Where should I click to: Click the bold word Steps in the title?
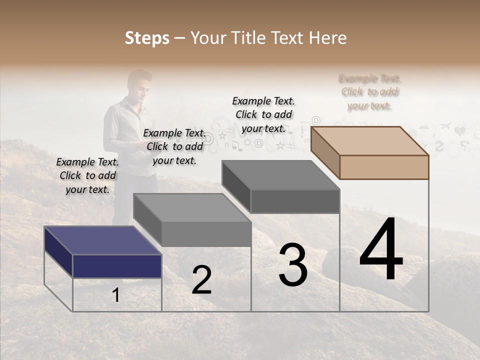tap(147, 38)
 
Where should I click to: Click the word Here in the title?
tap(327, 38)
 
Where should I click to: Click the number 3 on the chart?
tap(293, 265)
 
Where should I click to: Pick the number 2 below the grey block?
tap(201, 280)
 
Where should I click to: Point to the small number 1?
tap(116, 295)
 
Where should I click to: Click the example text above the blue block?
tap(87, 175)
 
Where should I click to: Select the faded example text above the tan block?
tap(370, 92)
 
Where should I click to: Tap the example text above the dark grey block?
tap(263, 114)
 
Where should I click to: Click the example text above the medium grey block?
tap(174, 146)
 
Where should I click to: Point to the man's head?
tap(139, 84)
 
